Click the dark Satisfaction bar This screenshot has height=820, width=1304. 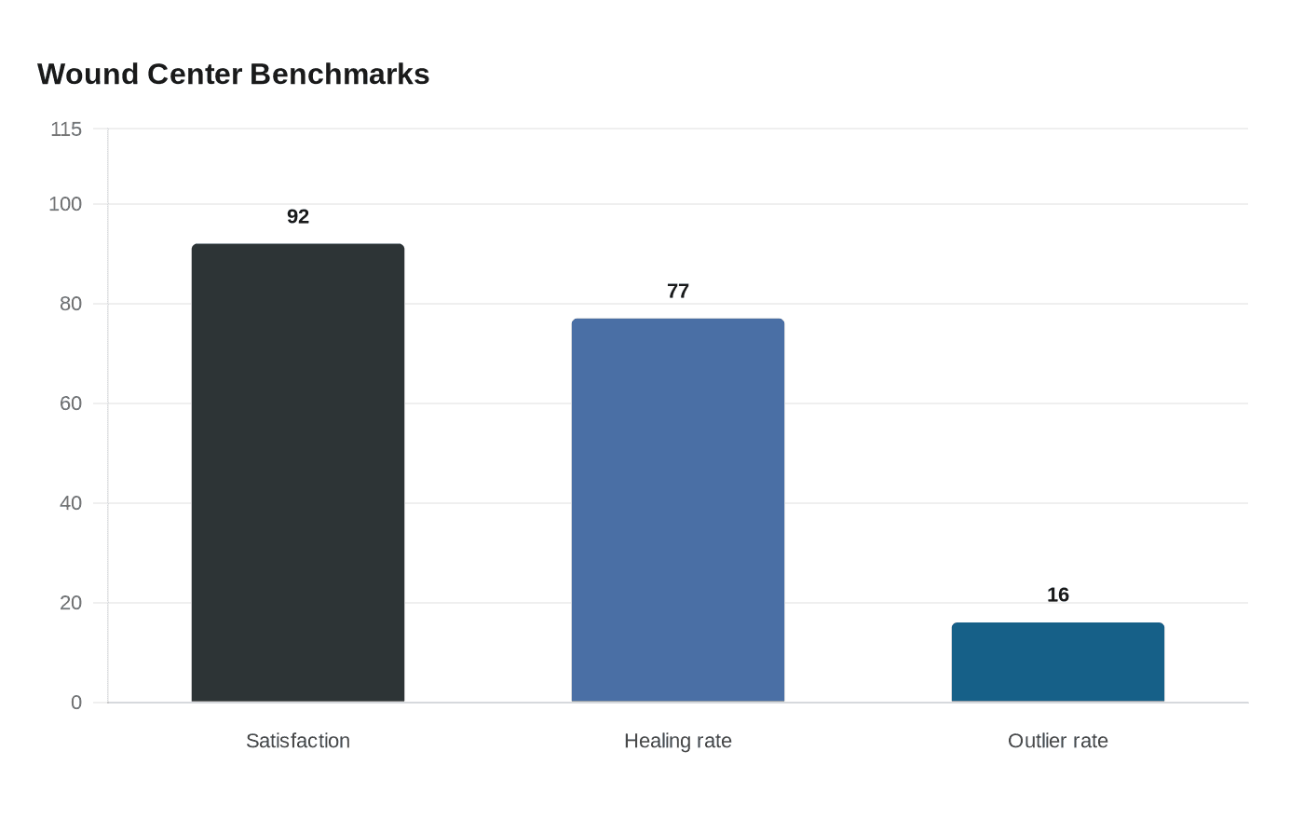click(298, 472)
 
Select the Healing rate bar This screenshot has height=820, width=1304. click(678, 510)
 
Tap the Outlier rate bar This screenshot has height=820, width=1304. click(1058, 662)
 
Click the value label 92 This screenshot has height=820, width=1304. click(298, 216)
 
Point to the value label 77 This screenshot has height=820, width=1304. click(678, 291)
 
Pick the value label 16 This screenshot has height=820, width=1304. click(1058, 594)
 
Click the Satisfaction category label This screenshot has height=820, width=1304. click(298, 741)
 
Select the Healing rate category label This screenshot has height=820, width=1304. click(678, 741)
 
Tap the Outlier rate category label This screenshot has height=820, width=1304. click(1058, 741)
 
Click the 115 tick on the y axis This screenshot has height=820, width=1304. click(66, 130)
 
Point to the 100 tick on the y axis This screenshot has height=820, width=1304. click(65, 204)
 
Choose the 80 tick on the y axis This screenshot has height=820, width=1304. click(71, 304)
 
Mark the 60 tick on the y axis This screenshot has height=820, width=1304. click(71, 403)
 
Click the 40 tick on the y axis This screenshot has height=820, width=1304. click(71, 503)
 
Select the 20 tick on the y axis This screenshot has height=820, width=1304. click(71, 603)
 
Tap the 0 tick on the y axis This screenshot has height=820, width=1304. click(76, 703)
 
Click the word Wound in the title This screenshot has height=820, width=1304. click(88, 74)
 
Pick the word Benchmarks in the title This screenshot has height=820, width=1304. click(340, 74)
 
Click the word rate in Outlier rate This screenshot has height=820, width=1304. click(1089, 741)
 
